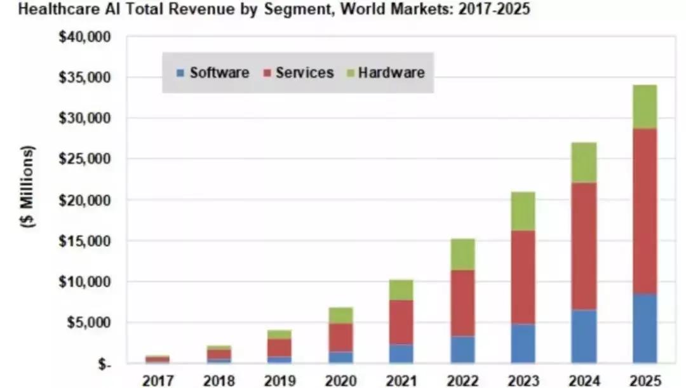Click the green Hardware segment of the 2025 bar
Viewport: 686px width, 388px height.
click(x=645, y=106)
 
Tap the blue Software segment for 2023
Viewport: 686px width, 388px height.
click(x=522, y=343)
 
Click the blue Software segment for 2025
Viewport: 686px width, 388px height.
click(x=645, y=328)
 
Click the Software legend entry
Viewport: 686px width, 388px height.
click(x=213, y=72)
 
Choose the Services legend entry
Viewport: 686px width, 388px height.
click(x=298, y=72)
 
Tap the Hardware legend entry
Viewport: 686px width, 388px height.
click(x=384, y=72)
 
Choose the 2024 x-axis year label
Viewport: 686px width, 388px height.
click(x=583, y=380)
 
